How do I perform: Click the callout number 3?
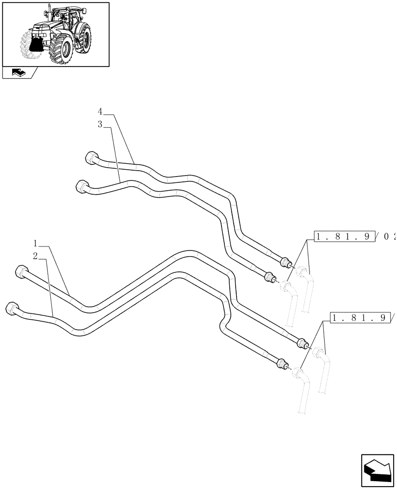[x=100, y=125]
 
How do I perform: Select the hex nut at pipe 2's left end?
[x=12, y=309]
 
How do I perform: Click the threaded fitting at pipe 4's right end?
[x=286, y=263]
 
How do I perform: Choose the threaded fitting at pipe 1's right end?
[x=302, y=342]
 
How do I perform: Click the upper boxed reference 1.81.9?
[x=345, y=237]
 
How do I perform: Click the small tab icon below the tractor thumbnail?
[x=17, y=73]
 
